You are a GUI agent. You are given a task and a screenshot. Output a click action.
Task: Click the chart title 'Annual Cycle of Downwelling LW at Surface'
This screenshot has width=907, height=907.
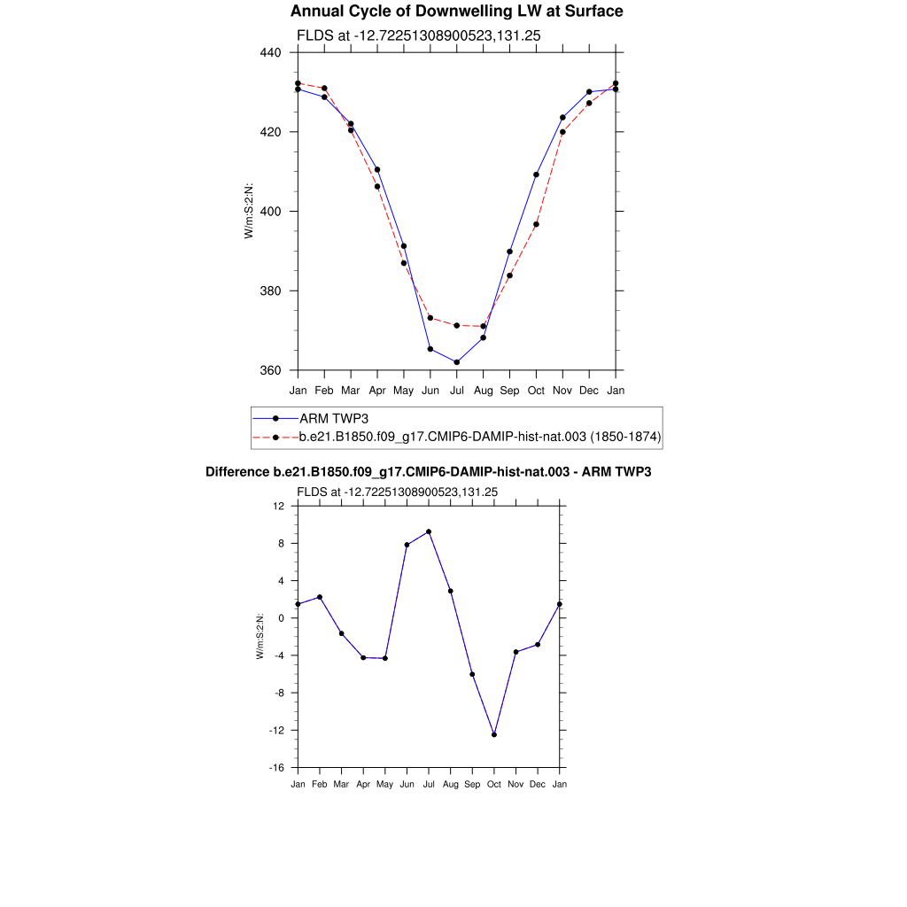pos(456,12)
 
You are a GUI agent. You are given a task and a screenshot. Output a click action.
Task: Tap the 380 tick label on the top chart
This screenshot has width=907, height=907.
pos(270,291)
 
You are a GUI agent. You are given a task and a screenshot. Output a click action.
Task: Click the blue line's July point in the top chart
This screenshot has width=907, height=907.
pos(457,362)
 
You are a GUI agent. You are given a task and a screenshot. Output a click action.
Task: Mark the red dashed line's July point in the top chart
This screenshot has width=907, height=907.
pos(457,326)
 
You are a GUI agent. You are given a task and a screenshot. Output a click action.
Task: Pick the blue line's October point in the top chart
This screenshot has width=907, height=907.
pos(536,174)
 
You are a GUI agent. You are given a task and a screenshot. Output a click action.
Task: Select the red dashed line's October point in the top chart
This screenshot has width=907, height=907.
pos(536,224)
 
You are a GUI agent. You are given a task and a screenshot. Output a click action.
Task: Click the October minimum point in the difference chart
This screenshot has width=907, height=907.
pos(494,735)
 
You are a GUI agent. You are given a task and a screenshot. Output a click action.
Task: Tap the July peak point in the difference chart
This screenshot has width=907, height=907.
pos(429,531)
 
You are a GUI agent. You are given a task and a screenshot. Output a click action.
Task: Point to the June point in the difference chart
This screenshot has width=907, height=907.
pos(407,545)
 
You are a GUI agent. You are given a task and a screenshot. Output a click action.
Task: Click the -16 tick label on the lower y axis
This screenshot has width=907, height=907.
pos(277,768)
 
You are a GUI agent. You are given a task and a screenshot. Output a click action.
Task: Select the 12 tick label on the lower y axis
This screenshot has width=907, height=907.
pos(279,506)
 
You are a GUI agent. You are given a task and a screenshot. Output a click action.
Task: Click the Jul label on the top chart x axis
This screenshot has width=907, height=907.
pos(457,390)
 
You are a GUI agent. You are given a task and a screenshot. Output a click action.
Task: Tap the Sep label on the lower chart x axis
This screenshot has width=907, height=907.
pos(472,785)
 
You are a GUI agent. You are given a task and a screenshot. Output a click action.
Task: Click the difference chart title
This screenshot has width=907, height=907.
pos(429,472)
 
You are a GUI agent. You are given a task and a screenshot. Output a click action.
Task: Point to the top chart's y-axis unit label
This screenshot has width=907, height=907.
pos(250,211)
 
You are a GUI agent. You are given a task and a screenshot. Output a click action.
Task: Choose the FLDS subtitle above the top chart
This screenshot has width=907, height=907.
pos(418,35)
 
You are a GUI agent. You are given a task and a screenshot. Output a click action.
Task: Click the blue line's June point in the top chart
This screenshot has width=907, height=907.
pos(430,349)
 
